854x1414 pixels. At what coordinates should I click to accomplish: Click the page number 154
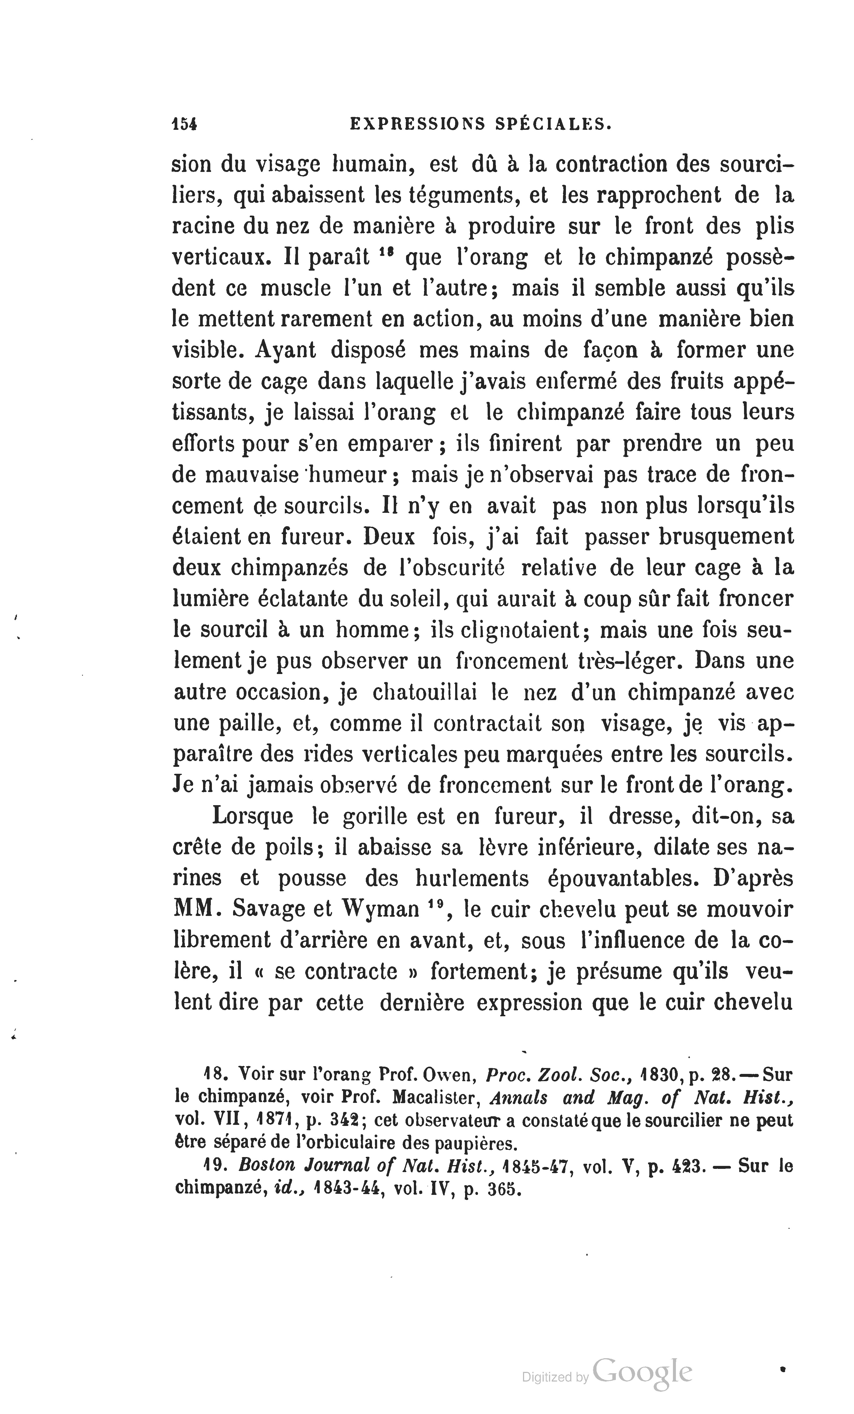tap(184, 124)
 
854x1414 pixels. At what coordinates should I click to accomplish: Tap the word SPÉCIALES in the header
tap(551, 124)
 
